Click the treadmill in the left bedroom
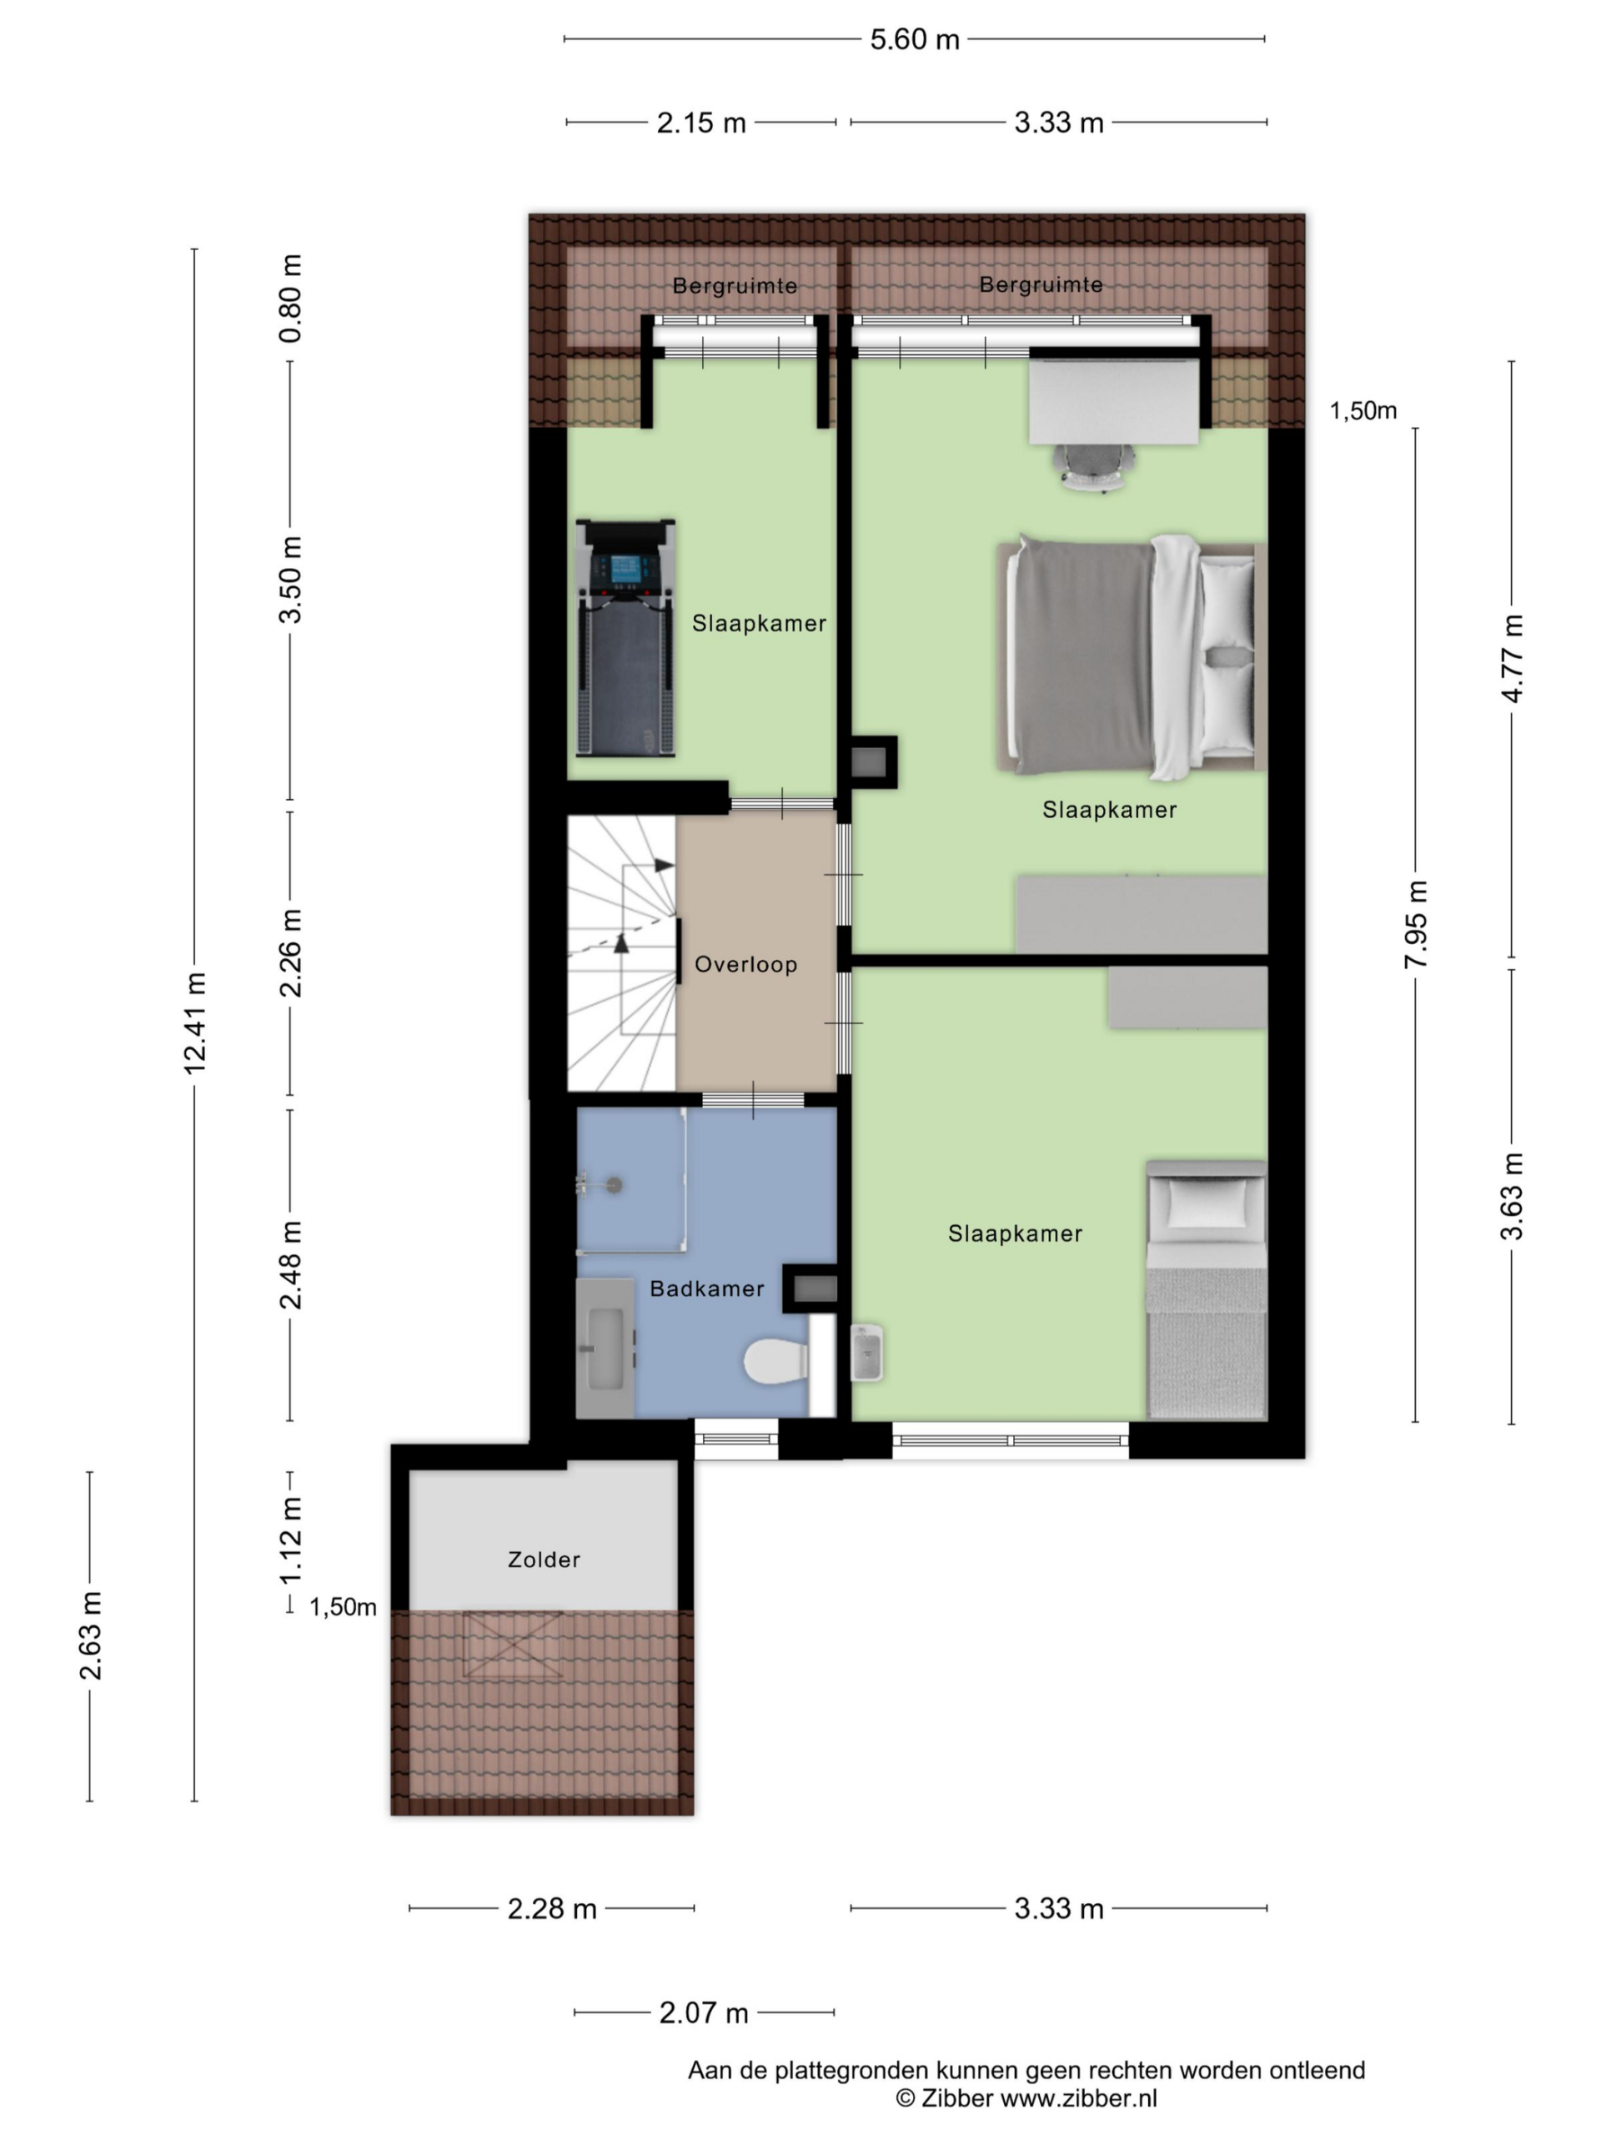(x=625, y=638)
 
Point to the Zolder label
(x=544, y=1560)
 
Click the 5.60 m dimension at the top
(x=914, y=39)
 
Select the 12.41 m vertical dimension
(x=195, y=1023)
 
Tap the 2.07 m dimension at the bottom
(x=704, y=2013)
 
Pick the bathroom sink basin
(x=605, y=1349)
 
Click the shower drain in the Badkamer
(x=613, y=1185)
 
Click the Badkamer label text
(x=706, y=1289)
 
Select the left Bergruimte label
(x=735, y=286)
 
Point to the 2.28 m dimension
(x=552, y=1909)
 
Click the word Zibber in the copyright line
(x=956, y=2098)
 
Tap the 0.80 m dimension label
(x=289, y=299)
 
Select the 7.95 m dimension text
(x=1415, y=925)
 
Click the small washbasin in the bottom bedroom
(x=866, y=1352)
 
